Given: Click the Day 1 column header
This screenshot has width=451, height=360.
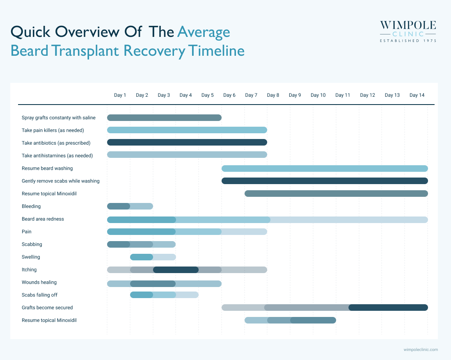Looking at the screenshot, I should click(x=120, y=95).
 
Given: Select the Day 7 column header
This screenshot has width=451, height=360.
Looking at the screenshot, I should click(x=251, y=95).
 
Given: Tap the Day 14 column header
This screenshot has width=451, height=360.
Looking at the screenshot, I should click(x=417, y=95).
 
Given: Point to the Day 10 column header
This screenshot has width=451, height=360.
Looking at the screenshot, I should click(x=318, y=95).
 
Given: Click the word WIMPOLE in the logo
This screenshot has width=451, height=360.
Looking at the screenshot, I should click(x=408, y=26).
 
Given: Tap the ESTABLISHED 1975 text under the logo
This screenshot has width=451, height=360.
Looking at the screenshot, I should click(x=408, y=41).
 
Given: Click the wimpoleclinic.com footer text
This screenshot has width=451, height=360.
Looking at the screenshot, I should click(x=421, y=350).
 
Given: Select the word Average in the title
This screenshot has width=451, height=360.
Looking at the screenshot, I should click(x=204, y=32).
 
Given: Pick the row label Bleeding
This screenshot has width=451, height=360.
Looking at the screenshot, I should click(x=31, y=206).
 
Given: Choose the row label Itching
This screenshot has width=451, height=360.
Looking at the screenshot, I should click(x=29, y=269).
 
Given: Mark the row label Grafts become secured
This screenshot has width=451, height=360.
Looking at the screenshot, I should click(x=47, y=308).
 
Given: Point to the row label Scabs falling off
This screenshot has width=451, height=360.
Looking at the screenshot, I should click(x=42, y=295).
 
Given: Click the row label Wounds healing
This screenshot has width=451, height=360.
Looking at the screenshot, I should click(x=39, y=282).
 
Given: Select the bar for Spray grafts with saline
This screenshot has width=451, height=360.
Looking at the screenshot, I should click(x=164, y=118).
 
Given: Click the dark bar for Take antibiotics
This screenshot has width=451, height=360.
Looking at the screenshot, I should click(x=187, y=142).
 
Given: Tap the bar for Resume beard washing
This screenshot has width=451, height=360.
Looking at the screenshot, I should click(x=325, y=168).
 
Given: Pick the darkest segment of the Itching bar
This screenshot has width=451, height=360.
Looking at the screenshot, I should click(x=176, y=270).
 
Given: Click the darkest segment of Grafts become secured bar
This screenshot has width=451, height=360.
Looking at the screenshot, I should click(x=388, y=308).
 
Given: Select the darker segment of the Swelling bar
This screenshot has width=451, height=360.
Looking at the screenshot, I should click(x=142, y=257).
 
